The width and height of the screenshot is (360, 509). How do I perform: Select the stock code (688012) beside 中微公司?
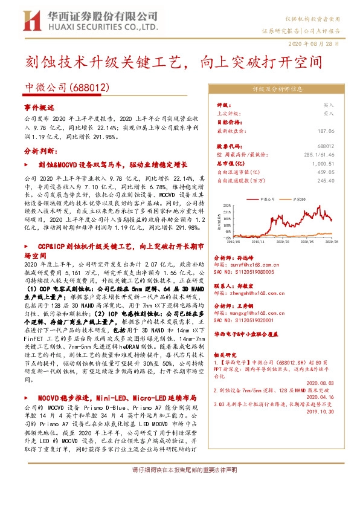(89, 88)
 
